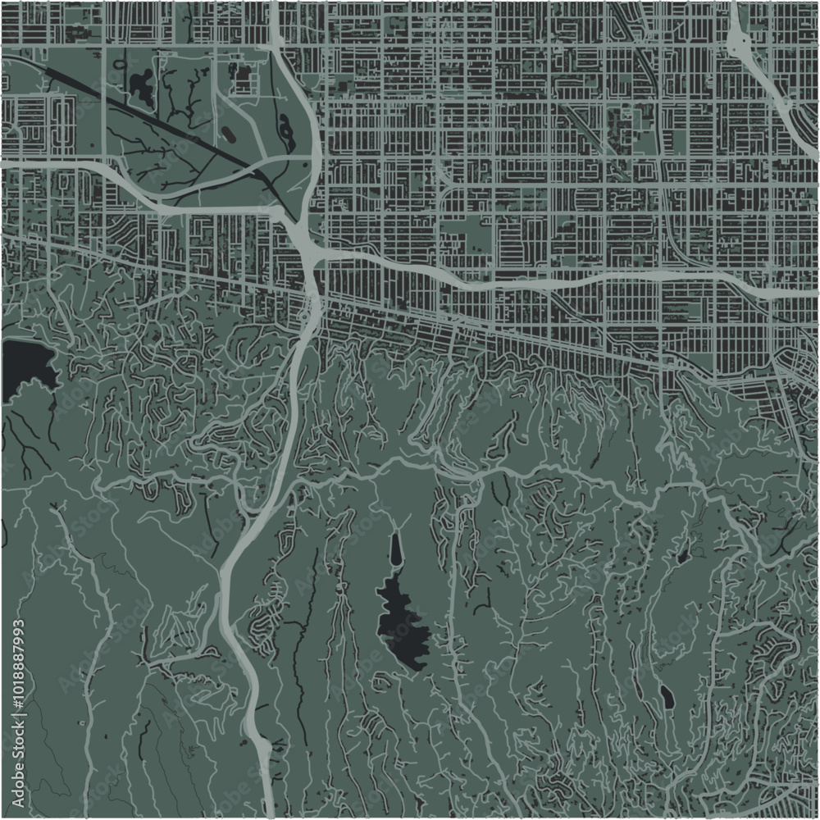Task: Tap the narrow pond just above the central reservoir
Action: click(396, 550)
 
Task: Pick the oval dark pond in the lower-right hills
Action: click(666, 697)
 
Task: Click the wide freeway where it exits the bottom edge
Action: click(265, 808)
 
